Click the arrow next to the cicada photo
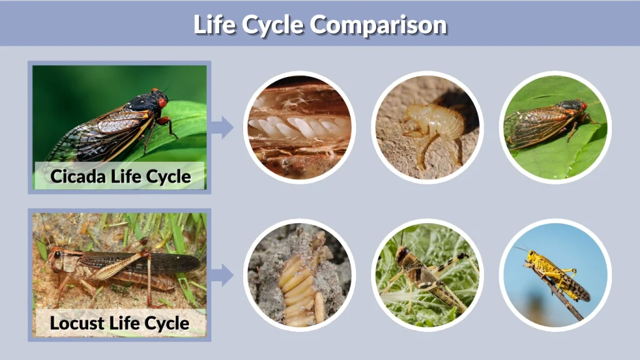pos(222,127)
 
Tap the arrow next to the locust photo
pos(222,274)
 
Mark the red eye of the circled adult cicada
pos(584,106)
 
